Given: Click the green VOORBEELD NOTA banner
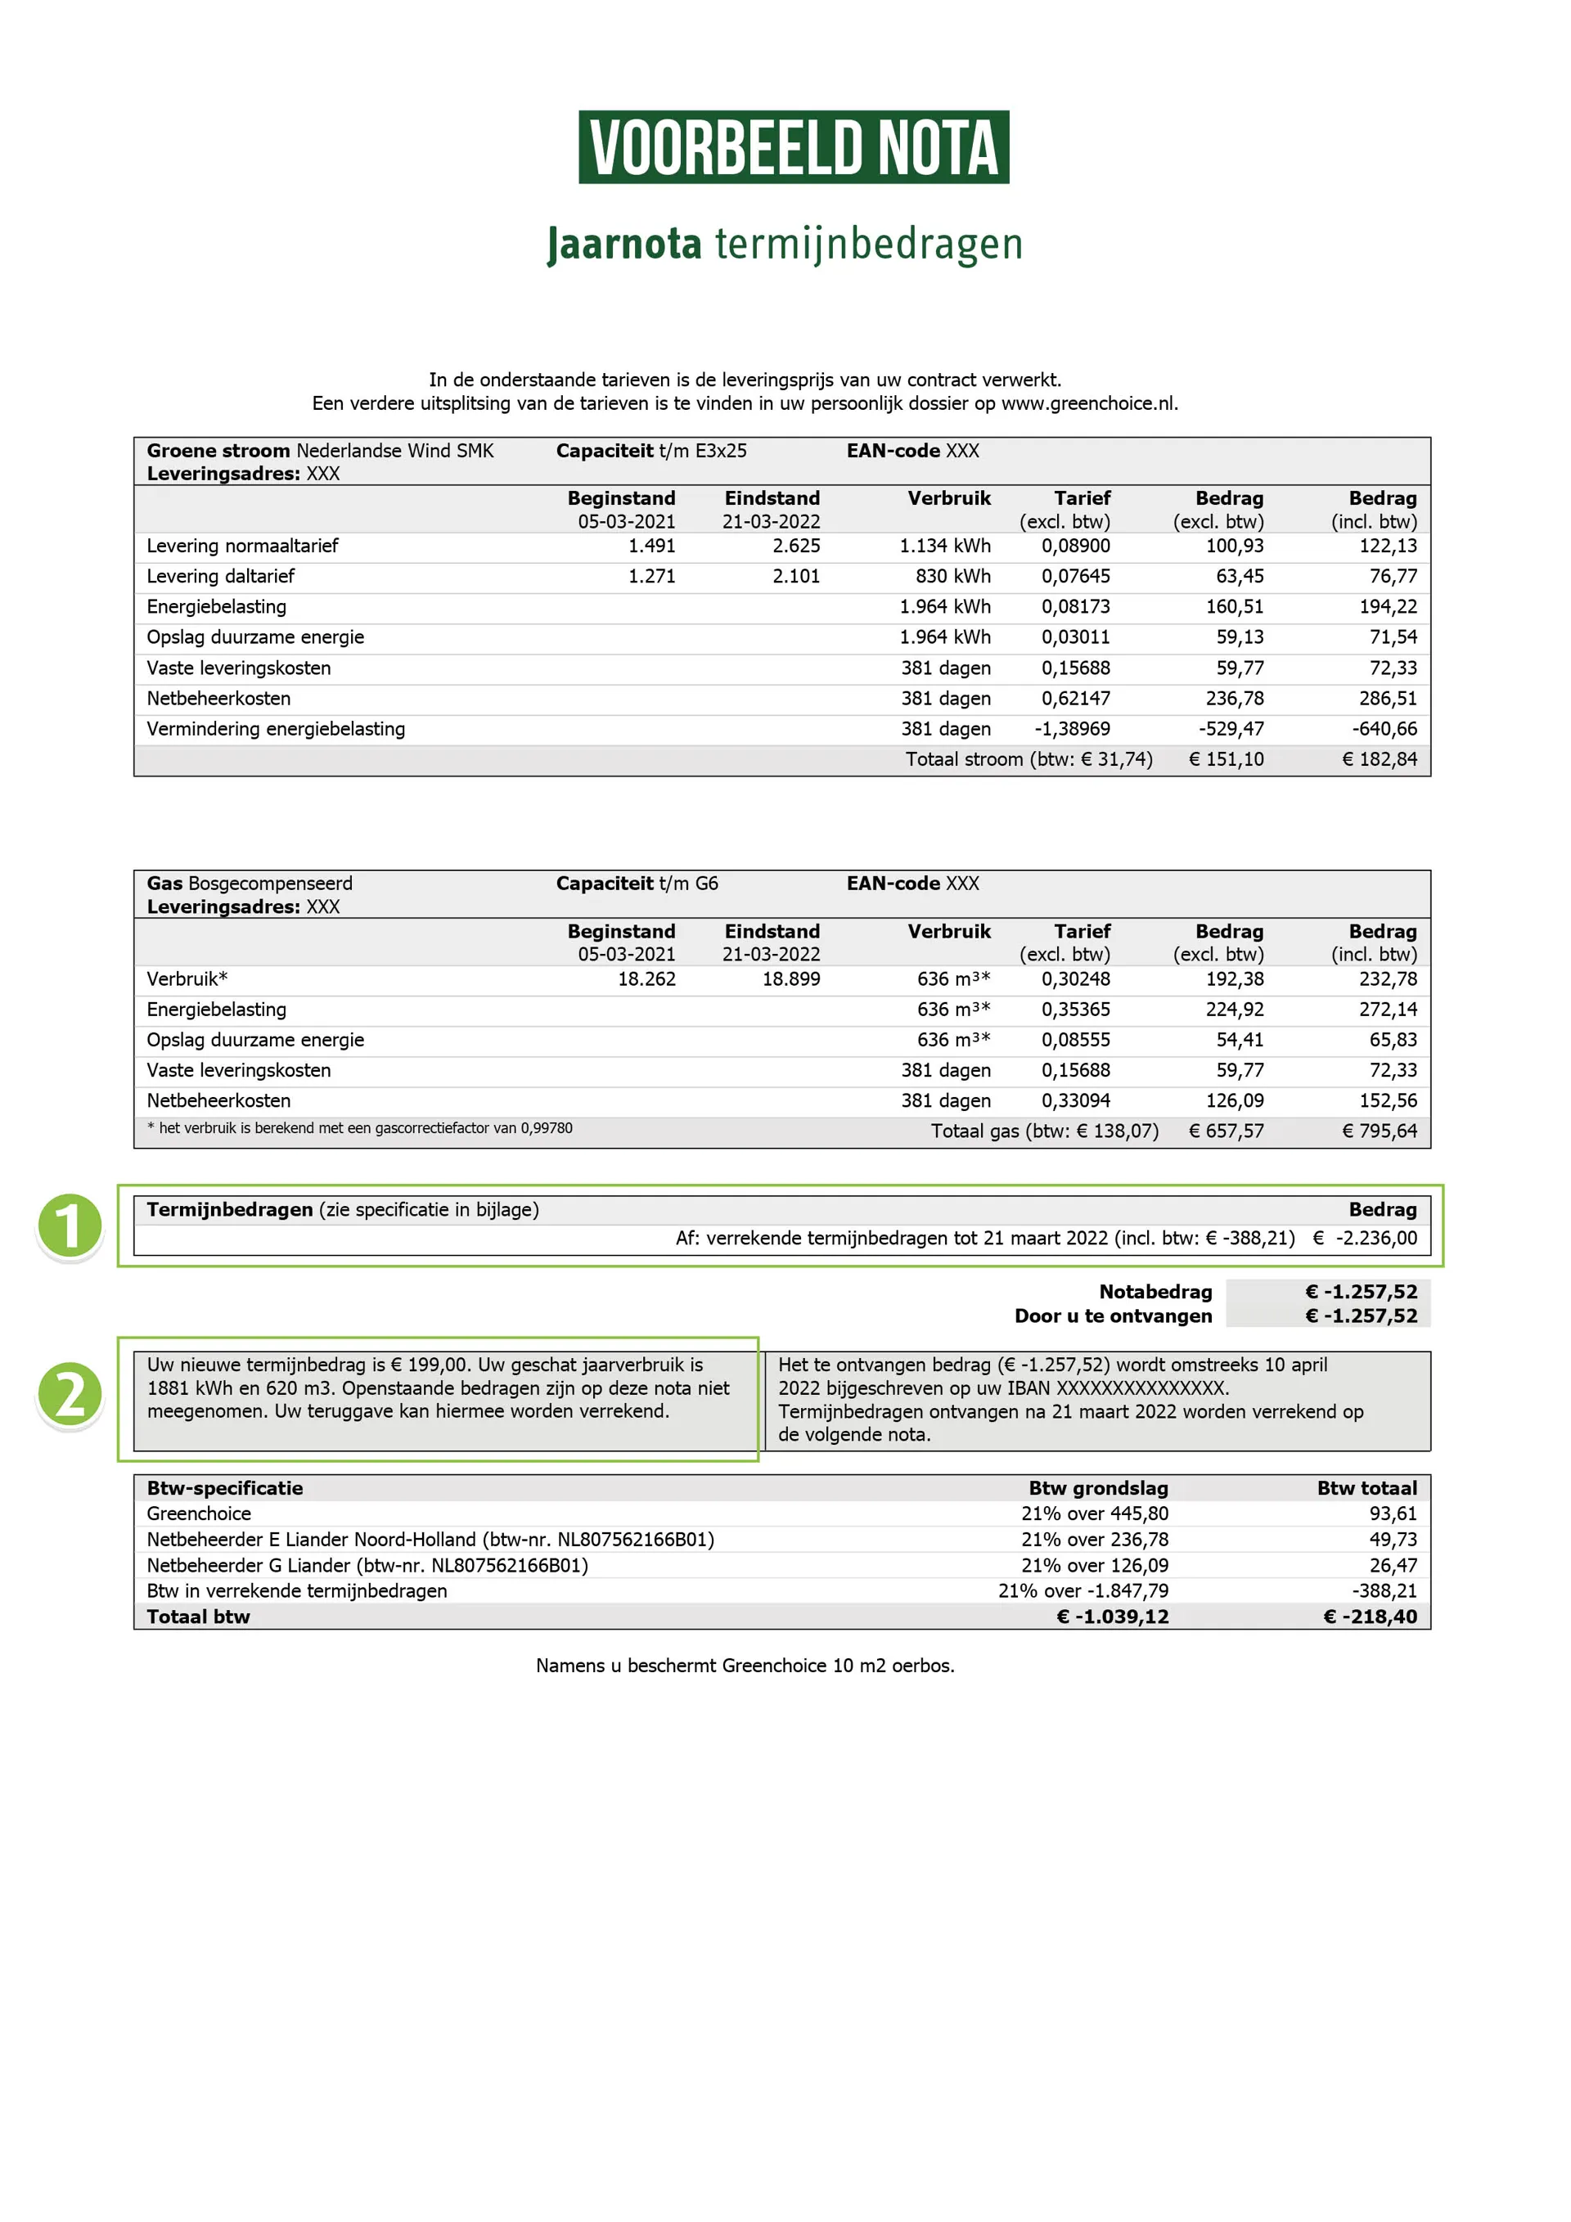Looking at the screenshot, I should click(793, 147).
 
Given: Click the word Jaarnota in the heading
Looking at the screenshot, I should click(623, 244).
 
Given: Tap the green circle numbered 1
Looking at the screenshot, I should click(70, 1226).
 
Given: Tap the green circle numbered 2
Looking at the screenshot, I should click(70, 1395).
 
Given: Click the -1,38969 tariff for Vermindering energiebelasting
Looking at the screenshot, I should click(1072, 729).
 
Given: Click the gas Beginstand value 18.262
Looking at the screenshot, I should click(646, 979).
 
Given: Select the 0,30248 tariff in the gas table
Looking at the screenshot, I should click(1075, 979).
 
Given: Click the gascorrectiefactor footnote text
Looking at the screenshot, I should click(359, 1128).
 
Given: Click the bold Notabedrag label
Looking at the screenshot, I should click(1155, 1292).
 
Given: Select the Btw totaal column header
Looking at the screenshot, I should click(1366, 1488).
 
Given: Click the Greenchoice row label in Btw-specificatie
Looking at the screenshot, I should click(199, 1514).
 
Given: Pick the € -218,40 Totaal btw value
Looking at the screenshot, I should click(1370, 1617).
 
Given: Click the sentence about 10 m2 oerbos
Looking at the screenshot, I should click(745, 1666).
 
